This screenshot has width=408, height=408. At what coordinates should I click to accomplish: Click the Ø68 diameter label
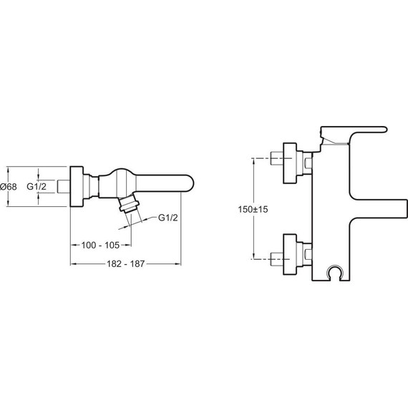9,187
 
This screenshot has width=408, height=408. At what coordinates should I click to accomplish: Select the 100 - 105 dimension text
100,245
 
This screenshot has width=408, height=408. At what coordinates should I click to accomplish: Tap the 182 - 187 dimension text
125,264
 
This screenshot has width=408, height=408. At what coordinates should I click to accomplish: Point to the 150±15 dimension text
253,209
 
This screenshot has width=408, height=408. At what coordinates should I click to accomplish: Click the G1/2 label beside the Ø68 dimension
37,186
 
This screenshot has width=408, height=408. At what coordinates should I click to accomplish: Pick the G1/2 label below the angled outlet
168,218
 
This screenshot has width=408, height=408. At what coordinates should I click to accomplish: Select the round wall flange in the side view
77,186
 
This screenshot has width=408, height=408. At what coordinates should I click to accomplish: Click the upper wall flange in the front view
290,163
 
